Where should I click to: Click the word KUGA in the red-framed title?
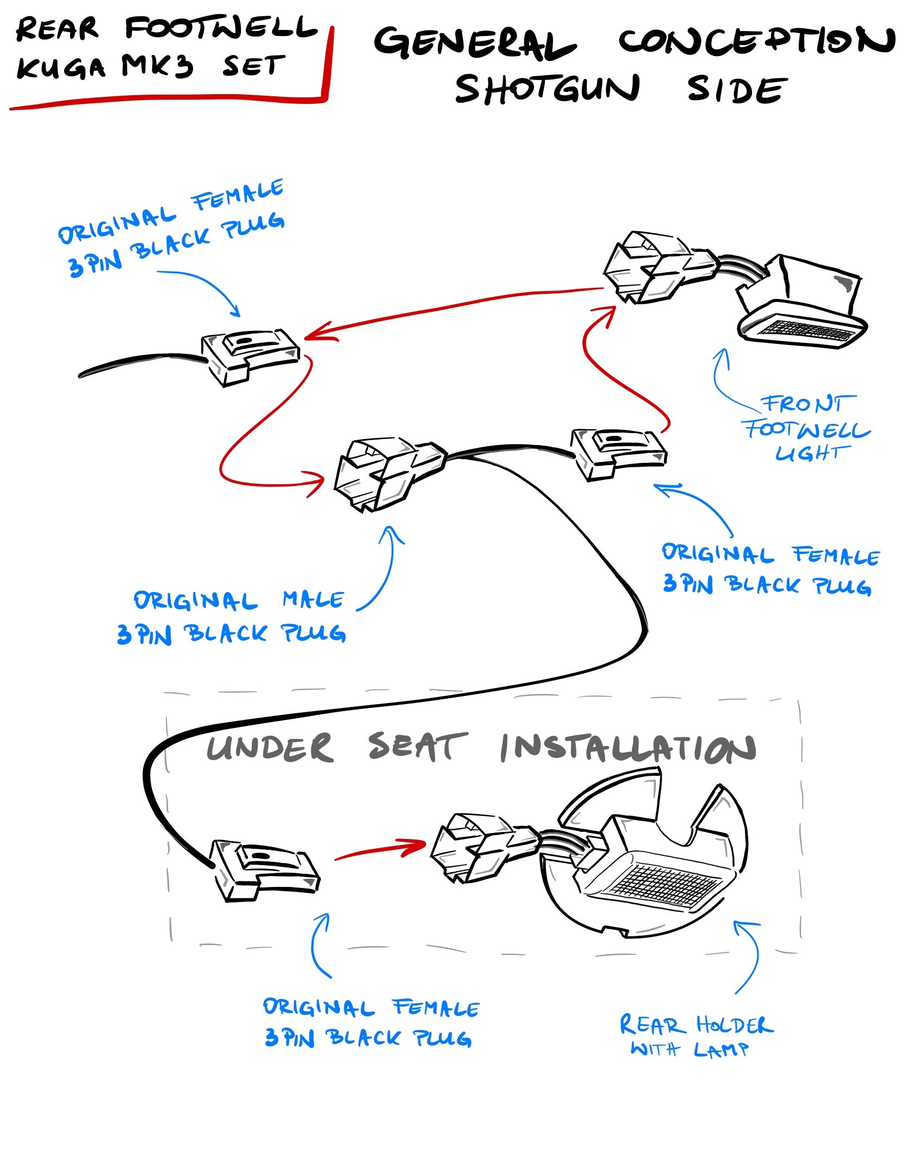(60, 67)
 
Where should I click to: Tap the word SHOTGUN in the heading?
(547, 89)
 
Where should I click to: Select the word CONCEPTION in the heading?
(756, 41)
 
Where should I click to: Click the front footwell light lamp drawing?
(799, 305)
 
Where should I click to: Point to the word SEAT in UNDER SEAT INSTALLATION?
(417, 747)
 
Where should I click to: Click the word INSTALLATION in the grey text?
(628, 748)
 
